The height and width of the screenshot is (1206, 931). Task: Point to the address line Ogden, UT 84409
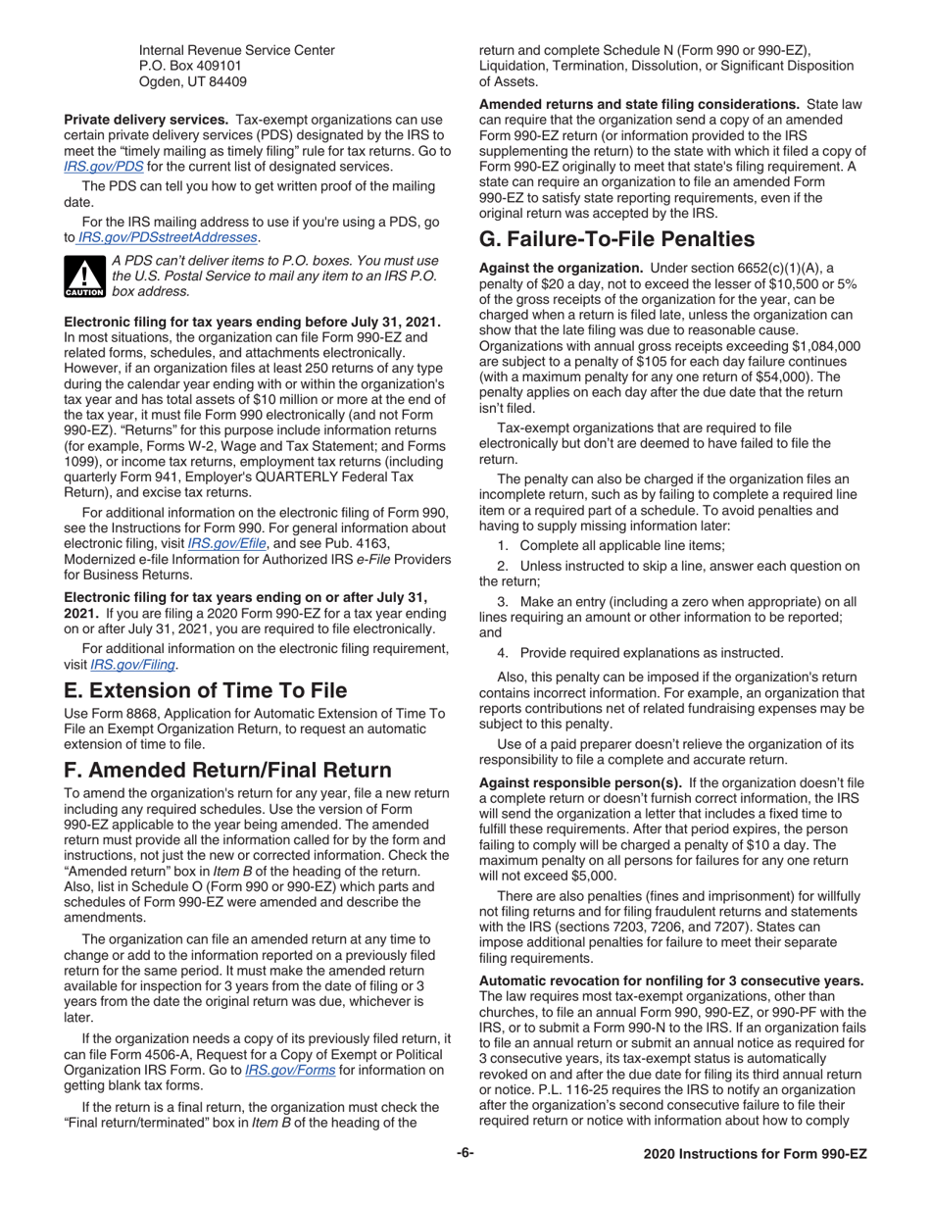click(192, 82)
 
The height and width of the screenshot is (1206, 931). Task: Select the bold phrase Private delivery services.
click(146, 117)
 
